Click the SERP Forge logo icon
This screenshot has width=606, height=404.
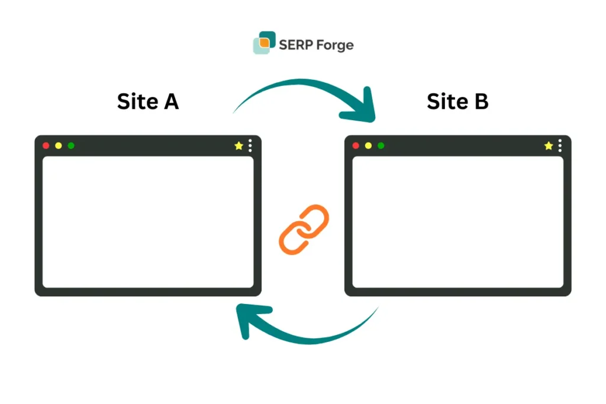[264, 43]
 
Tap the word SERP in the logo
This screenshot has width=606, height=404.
[296, 44]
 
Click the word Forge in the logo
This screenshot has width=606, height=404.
[335, 45]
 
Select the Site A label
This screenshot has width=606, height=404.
[148, 101]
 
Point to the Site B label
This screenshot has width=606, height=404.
[457, 101]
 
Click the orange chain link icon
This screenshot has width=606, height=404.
[304, 230]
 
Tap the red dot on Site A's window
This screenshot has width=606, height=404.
[46, 146]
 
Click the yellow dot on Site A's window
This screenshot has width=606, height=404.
[58, 146]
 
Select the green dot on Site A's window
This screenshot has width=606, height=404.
[71, 146]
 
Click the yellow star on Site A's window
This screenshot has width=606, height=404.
[238, 146]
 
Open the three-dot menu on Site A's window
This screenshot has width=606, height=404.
[250, 146]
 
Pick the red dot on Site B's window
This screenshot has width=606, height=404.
[356, 146]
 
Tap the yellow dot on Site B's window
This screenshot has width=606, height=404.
[368, 146]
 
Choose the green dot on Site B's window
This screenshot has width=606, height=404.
[381, 146]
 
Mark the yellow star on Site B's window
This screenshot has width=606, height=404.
[549, 146]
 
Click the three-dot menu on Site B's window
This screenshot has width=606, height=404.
[560, 146]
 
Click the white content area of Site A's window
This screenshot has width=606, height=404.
[148, 222]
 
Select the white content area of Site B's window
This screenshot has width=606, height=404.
[457, 222]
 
